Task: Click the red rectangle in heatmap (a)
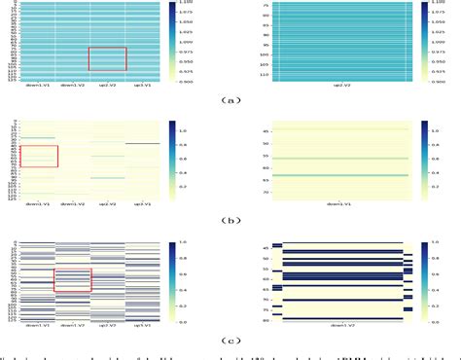107,58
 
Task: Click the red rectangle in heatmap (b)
39,156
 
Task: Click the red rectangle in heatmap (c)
73,280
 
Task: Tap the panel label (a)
230,98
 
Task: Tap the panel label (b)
230,220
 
